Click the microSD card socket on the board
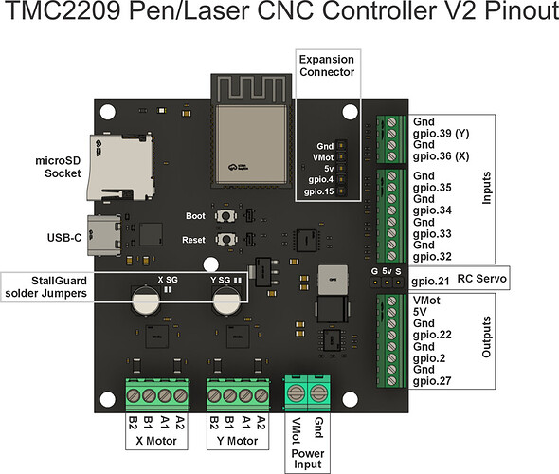point(120,167)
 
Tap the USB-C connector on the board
point(104,235)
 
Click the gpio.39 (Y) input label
point(441,134)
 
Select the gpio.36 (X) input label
point(441,156)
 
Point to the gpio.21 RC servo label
point(430,281)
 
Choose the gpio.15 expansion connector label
point(318,191)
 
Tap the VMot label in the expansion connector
point(323,157)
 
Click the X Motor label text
point(156,441)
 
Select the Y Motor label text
point(237,441)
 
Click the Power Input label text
point(308,459)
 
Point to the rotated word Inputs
point(486,188)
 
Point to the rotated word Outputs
point(486,337)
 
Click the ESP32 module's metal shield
point(251,144)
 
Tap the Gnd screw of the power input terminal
point(318,393)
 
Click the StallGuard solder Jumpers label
point(45,286)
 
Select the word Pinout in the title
point(521,10)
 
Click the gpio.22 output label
point(432,335)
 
